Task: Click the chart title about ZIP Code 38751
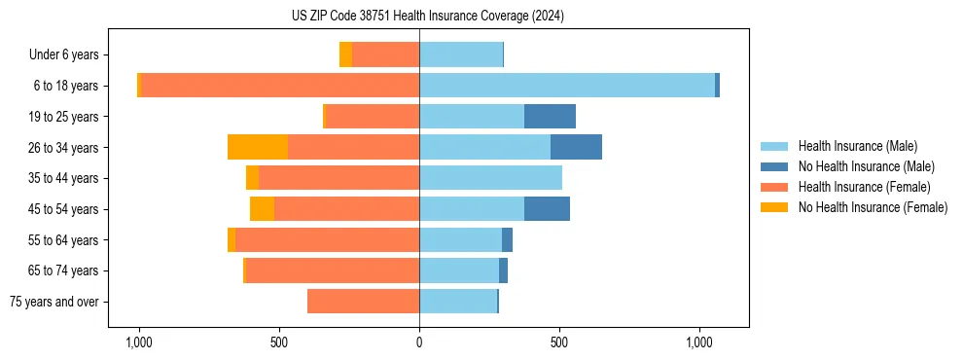tap(427, 17)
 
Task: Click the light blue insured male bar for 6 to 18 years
tap(567, 86)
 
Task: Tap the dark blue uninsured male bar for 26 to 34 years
tap(576, 147)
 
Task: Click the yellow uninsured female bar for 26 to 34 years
tap(258, 147)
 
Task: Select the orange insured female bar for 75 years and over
tap(363, 302)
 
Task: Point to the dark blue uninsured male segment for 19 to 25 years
tap(550, 117)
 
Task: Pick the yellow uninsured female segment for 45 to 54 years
tap(262, 209)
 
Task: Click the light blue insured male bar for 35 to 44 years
tap(490, 178)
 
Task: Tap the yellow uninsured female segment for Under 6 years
tap(345, 55)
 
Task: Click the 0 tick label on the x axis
tap(419, 342)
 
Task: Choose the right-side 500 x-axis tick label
tap(559, 342)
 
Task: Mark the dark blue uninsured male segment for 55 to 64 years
tap(507, 240)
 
